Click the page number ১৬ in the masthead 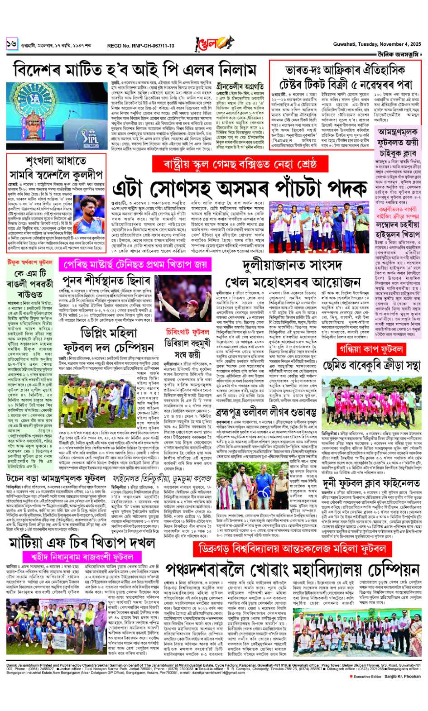click(11, 44)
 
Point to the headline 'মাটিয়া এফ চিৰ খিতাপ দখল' click(82, 543)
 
